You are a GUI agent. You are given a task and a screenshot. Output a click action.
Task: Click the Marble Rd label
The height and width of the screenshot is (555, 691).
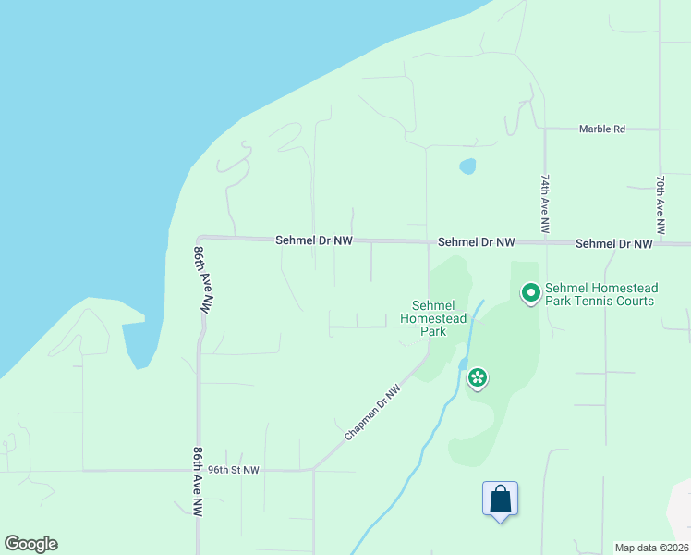click(601, 129)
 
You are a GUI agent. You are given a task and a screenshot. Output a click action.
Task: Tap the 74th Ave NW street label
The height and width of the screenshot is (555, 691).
click(546, 203)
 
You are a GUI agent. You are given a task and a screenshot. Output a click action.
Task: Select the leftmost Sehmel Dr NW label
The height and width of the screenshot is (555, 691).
click(314, 240)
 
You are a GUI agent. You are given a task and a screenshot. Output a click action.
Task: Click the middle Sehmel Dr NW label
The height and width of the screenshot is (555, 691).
click(476, 242)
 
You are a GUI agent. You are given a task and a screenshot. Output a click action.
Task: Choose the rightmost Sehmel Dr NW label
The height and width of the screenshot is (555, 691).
click(613, 244)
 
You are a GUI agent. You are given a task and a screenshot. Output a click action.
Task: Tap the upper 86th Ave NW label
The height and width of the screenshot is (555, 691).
click(203, 281)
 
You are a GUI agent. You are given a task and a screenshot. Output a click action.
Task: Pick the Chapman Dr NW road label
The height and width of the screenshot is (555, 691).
click(373, 413)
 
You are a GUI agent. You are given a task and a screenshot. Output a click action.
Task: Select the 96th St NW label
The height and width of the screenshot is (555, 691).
click(233, 470)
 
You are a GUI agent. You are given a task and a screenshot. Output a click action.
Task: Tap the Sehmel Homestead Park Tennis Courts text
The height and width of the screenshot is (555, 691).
click(600, 294)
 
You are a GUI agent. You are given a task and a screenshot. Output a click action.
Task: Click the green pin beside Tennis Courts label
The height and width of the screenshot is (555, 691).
click(531, 294)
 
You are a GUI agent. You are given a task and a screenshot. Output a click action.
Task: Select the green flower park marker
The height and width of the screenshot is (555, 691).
click(478, 377)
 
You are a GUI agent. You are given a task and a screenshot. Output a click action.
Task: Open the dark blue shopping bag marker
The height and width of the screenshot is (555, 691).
click(500, 499)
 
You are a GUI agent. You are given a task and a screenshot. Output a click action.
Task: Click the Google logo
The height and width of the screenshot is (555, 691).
click(30, 544)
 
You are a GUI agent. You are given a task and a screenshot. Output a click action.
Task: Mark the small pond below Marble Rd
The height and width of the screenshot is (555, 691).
click(467, 166)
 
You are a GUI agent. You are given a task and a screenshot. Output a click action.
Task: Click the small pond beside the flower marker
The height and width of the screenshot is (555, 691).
click(462, 364)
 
